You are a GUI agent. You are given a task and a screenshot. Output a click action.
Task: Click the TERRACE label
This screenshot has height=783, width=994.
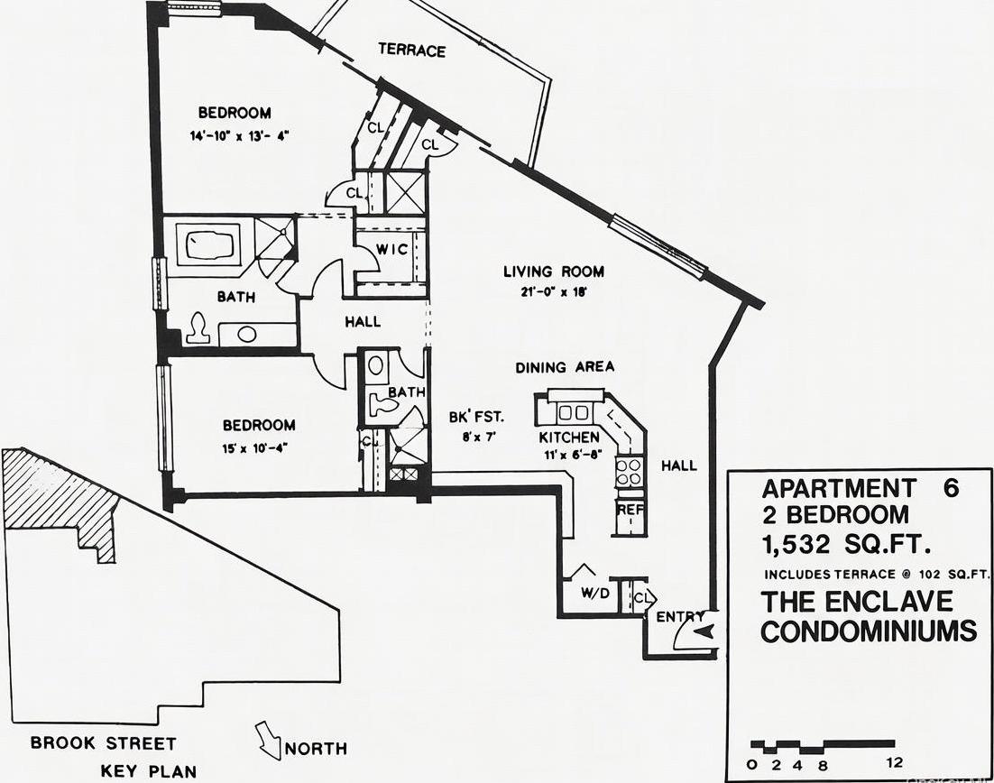coord(411,50)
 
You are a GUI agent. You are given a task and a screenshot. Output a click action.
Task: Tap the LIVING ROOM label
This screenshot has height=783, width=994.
coord(553,272)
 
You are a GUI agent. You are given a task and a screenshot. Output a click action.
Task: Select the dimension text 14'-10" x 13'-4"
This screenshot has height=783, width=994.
coord(234,136)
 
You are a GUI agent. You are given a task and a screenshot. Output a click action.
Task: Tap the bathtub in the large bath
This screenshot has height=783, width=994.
coord(207,244)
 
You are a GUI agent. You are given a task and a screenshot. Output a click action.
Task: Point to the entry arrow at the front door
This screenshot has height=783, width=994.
coord(704,631)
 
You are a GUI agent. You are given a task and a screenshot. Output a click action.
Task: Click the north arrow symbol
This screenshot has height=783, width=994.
coord(268,740)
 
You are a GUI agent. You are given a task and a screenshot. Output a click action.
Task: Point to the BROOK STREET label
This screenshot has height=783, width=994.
coord(103,743)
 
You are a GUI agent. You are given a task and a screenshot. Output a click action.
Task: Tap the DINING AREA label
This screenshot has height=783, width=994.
coord(565,367)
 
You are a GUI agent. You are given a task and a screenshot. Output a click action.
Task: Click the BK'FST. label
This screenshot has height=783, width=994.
coord(475,418)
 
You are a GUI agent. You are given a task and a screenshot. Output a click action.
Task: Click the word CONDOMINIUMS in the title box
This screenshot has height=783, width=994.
coord(868,631)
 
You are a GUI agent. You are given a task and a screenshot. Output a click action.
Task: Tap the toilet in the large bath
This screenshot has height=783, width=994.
coord(198,331)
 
